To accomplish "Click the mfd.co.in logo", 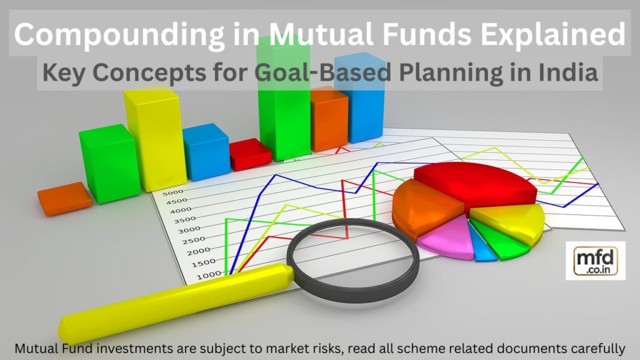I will coord(595,260).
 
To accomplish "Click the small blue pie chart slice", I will coord(483,249).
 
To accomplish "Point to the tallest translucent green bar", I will coord(283,100).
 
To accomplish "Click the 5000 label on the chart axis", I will coord(172,192).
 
